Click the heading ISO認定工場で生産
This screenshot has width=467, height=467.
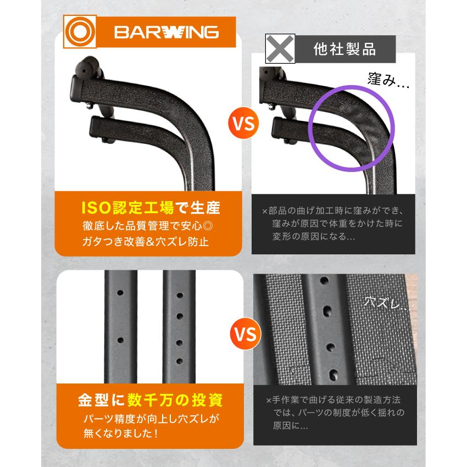click(x=150, y=208)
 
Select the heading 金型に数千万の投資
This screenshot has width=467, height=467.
click(x=149, y=399)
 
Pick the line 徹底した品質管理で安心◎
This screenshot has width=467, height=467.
click(x=150, y=225)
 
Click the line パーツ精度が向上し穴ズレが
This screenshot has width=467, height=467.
click(x=150, y=418)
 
